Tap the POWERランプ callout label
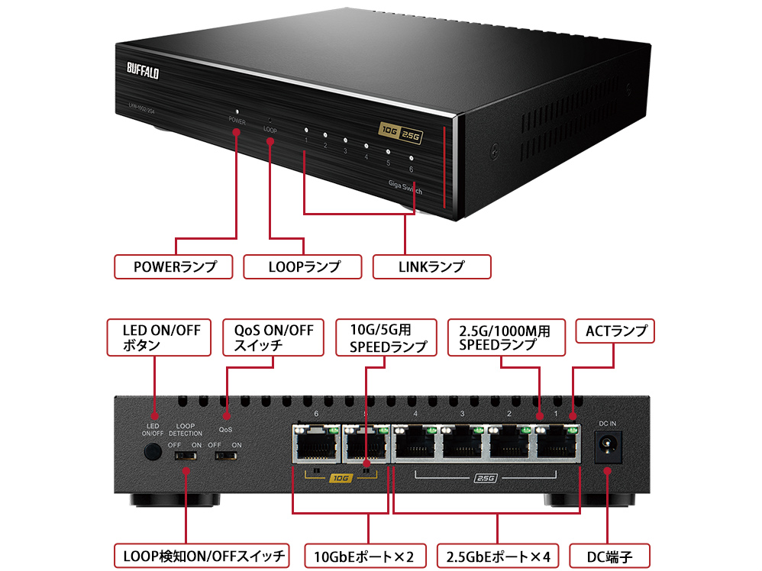173,266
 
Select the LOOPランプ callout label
304,266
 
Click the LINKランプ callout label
432,266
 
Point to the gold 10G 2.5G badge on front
402,131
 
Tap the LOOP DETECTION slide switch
186,456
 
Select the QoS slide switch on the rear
225,456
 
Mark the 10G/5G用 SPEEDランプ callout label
386,337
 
